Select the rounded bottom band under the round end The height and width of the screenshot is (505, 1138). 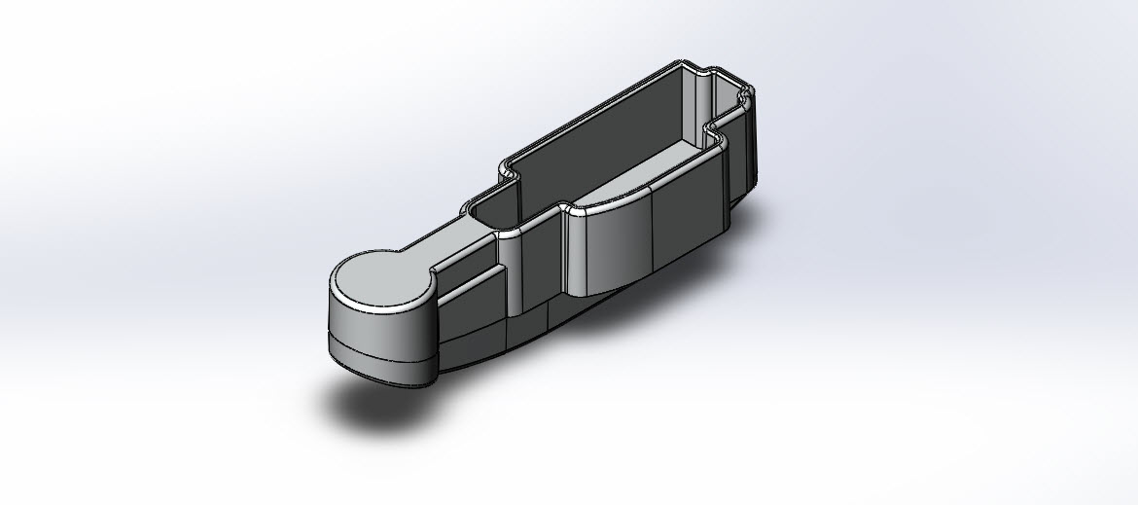click(x=379, y=359)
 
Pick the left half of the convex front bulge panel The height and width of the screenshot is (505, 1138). click(x=609, y=243)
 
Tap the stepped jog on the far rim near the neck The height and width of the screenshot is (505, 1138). click(x=507, y=171)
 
